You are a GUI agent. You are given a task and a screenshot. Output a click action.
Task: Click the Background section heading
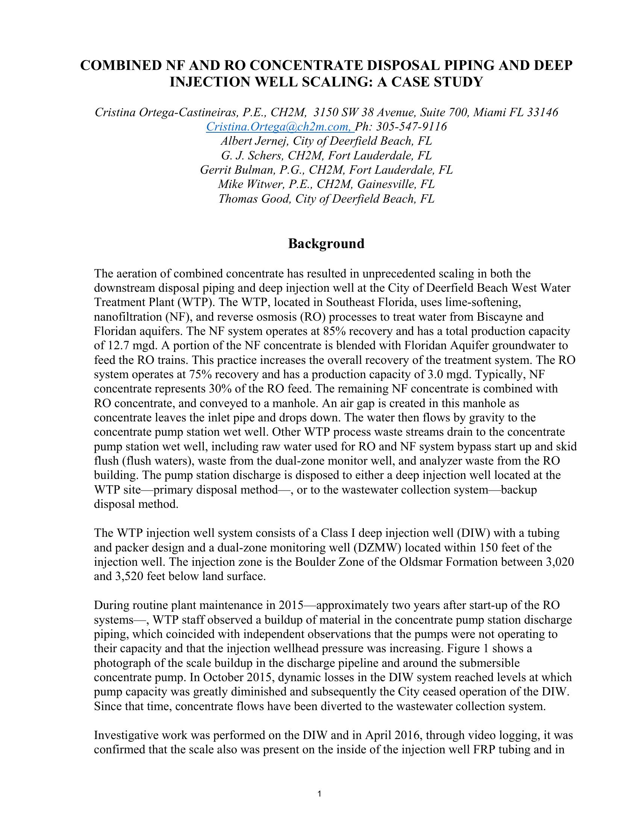[x=326, y=244]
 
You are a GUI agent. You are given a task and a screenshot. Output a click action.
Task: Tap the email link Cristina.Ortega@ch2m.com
[x=279, y=126]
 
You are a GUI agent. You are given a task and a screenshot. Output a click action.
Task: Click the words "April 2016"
[x=386, y=735]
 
